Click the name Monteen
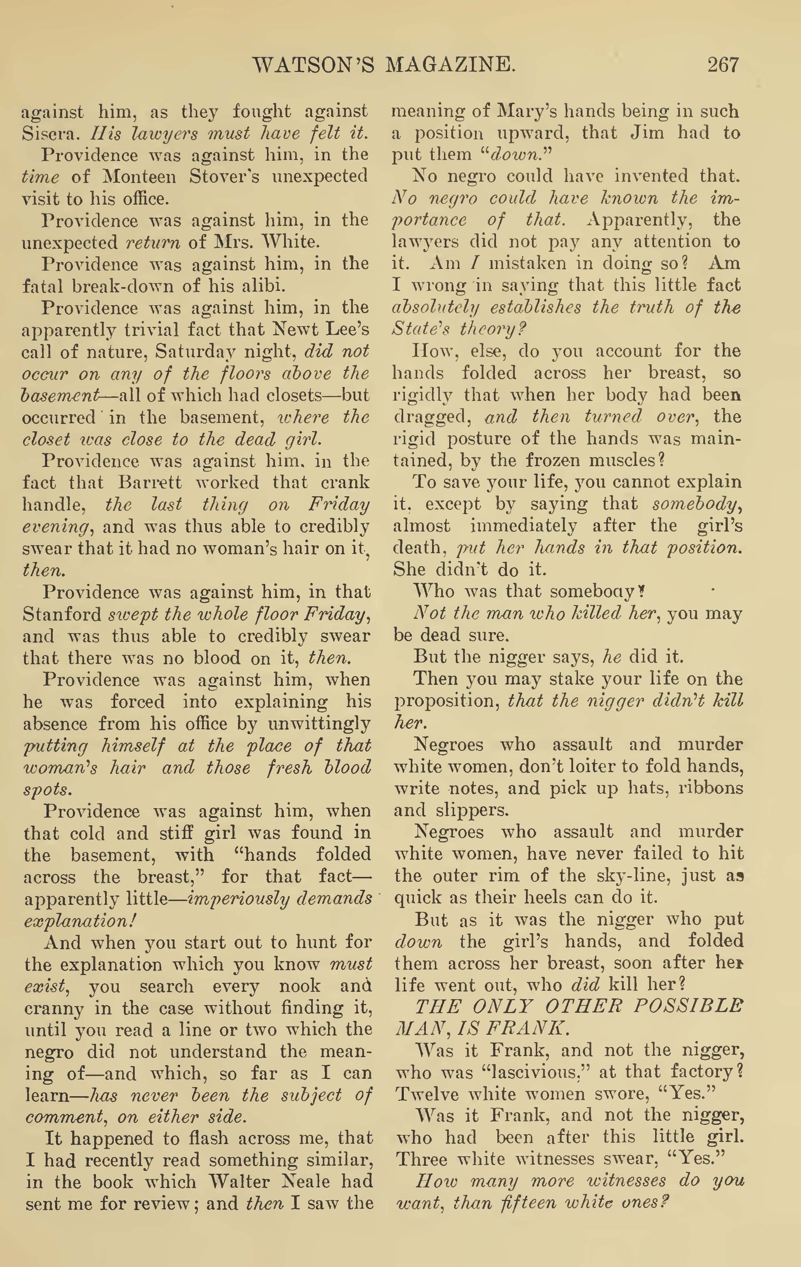(139, 176)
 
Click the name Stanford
(62, 615)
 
